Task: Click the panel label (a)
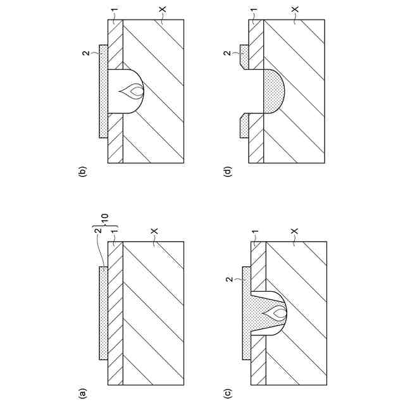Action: (81, 393)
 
